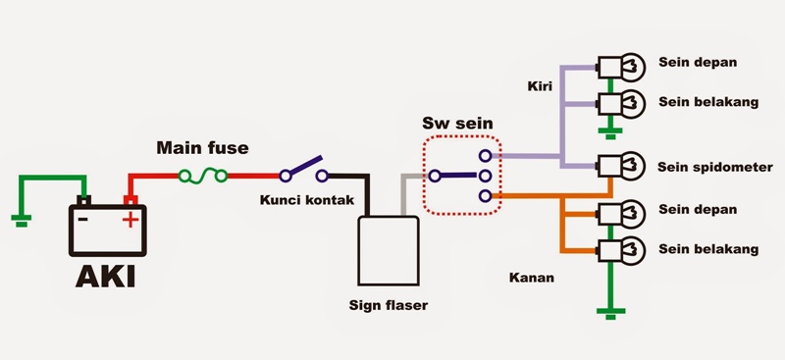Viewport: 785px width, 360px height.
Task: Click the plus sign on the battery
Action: (x=129, y=219)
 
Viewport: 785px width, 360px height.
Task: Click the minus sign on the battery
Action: (x=84, y=218)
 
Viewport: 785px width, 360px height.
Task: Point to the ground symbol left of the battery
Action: (x=21, y=220)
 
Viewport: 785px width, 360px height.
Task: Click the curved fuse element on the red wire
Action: (x=203, y=177)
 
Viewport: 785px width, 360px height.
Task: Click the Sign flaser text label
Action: (x=389, y=305)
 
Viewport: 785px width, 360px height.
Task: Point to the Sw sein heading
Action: (x=457, y=125)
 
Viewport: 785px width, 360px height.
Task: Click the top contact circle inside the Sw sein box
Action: (x=484, y=156)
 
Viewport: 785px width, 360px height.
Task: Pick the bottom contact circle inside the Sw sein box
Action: (x=484, y=197)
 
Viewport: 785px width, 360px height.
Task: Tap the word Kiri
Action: (x=539, y=86)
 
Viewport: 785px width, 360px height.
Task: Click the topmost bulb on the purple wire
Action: (x=623, y=67)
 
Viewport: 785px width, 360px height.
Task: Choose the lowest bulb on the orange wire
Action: (x=623, y=249)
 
